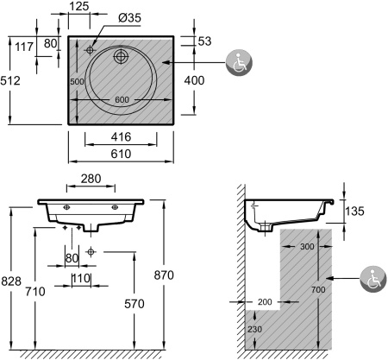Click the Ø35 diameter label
click(129, 18)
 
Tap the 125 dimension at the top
click(79, 6)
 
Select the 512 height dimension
click(10, 80)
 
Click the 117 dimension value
click(24, 47)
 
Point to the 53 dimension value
click(204, 41)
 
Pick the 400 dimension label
click(194, 80)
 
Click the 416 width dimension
click(121, 137)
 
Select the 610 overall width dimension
click(121, 154)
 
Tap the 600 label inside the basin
click(122, 99)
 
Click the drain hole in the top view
click(120, 56)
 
